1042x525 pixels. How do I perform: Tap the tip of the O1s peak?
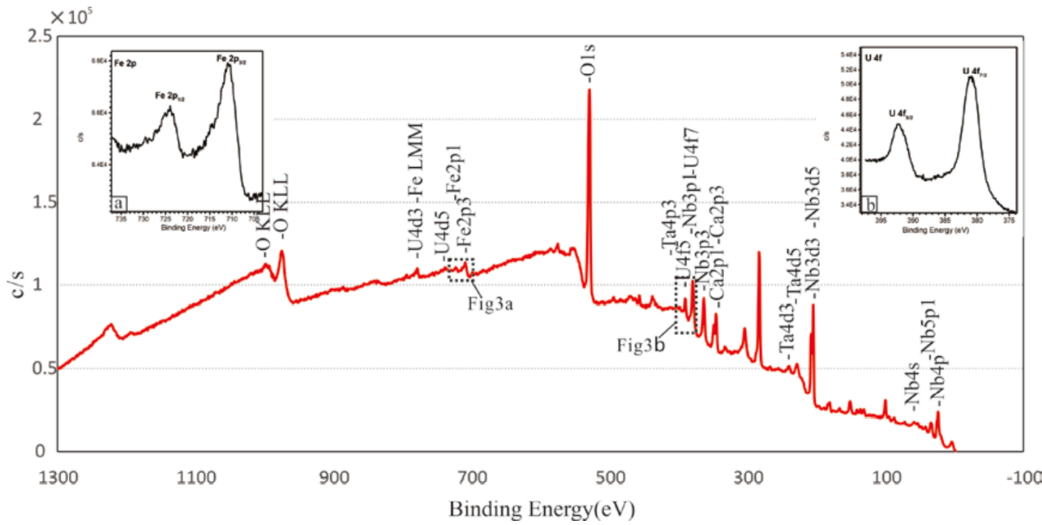[x=589, y=90]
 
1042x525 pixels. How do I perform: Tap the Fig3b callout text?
[x=640, y=345]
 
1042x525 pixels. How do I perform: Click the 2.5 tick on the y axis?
[x=41, y=37]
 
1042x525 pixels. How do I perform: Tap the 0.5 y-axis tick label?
[x=41, y=369]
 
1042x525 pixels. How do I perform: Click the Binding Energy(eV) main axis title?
[x=541, y=509]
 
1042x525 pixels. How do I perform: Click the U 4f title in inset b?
[x=874, y=57]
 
